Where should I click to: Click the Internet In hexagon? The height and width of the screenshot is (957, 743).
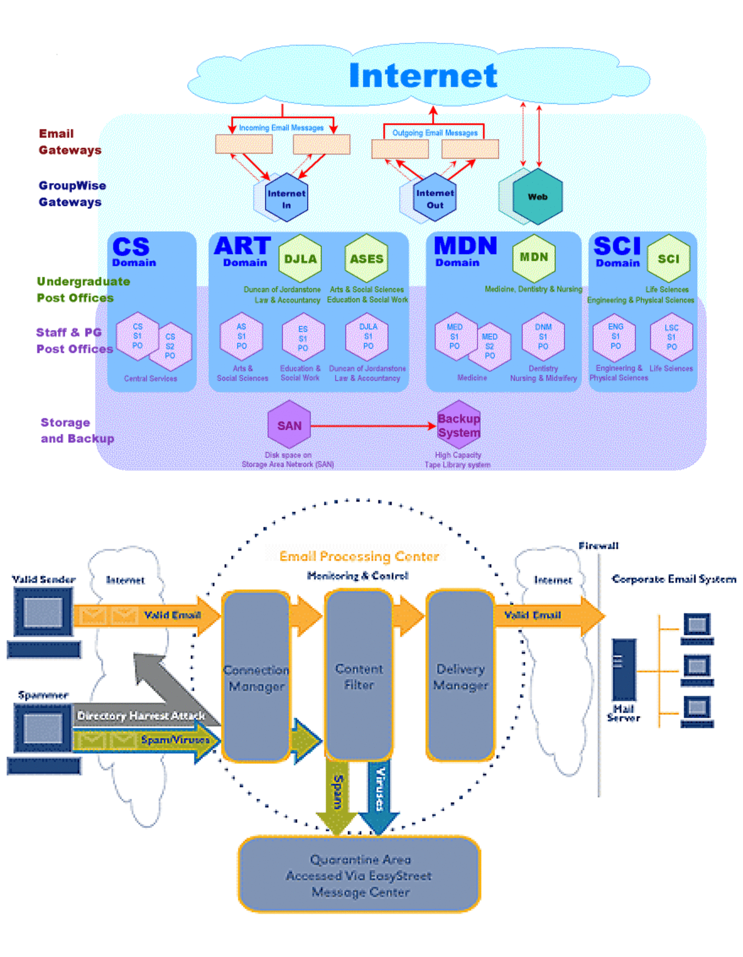[286, 198]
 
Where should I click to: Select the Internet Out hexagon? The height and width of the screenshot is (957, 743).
[435, 198]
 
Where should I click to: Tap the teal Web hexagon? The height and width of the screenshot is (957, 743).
[538, 196]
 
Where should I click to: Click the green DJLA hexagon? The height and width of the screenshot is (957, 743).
[300, 259]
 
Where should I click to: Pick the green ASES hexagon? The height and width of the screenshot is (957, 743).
[366, 259]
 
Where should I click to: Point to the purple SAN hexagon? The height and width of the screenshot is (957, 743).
[289, 424]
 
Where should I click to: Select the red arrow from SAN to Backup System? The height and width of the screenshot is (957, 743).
[372, 426]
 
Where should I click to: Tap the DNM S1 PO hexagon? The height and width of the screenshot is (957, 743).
[543, 336]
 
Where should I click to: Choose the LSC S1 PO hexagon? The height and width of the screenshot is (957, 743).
[671, 336]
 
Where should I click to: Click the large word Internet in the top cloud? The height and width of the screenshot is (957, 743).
[423, 75]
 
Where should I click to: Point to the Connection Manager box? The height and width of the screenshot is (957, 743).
[256, 677]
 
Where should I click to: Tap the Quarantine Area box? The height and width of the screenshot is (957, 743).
[359, 876]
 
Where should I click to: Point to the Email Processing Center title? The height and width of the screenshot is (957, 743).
[359, 556]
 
